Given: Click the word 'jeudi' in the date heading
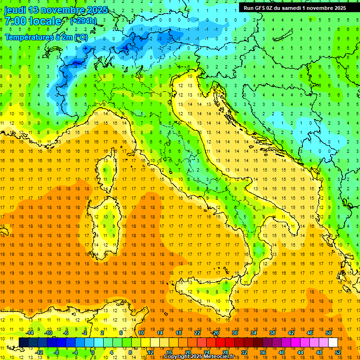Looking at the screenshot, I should coord(15,10).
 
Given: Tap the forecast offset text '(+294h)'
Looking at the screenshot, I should coord(83,21).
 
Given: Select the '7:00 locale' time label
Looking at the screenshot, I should coord(32,21).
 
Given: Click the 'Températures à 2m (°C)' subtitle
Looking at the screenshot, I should coord(46,37).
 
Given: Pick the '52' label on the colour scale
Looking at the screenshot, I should coord(338,352).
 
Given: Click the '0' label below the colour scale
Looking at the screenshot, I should coord(93,352).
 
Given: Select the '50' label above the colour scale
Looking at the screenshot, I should coord(328,332).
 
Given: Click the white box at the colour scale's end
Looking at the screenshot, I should coord(333,342).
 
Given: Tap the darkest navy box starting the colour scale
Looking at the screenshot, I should coord(23,342).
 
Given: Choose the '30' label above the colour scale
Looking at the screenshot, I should coord(234,332).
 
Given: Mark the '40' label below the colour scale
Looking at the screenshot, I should coord(281,352).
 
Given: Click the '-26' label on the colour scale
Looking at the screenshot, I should coord(215,332).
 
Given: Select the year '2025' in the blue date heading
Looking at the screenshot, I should coord(96,10).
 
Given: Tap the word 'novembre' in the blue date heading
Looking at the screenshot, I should coord(62,10).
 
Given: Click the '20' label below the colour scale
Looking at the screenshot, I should coord(187,352).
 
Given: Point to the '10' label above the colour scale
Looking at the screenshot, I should coord(141,332).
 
